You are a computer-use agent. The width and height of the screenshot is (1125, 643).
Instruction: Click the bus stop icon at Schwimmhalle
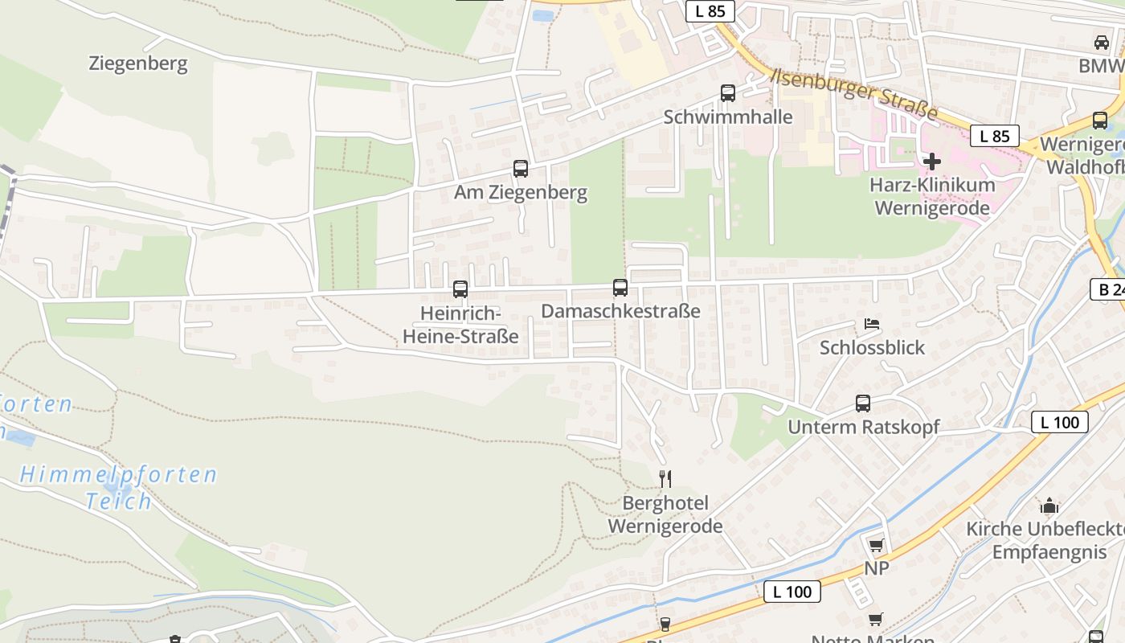728,93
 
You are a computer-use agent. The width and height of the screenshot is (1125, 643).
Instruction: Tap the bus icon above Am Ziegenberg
521,169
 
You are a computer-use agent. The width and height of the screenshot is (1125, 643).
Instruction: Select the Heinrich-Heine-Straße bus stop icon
460,289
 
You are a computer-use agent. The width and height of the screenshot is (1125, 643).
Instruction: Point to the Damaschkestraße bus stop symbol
620,288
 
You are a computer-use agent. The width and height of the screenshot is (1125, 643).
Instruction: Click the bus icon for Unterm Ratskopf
863,403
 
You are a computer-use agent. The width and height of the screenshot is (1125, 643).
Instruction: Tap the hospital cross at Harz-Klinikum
932,162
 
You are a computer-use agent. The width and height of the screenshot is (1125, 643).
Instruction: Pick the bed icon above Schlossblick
872,325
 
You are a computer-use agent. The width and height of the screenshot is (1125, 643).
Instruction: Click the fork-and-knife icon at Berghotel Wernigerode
665,479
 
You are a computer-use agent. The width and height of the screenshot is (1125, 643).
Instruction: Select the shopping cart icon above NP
876,545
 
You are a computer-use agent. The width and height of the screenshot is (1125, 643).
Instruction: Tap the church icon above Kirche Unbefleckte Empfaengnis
1049,506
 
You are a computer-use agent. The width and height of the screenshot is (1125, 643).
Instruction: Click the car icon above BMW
1101,43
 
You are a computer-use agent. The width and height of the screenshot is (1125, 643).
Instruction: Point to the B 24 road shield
1108,289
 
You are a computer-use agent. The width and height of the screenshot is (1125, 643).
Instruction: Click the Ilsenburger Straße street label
854,95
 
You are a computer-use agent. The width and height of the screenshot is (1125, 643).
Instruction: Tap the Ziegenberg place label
138,63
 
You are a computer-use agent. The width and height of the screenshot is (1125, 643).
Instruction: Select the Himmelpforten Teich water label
119,488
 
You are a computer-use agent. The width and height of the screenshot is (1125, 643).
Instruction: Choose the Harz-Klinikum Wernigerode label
932,196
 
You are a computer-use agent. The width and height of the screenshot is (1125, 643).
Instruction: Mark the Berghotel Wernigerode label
665,515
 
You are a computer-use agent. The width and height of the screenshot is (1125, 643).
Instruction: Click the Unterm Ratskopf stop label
863,427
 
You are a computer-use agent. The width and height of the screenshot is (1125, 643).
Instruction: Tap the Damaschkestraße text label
620,311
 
